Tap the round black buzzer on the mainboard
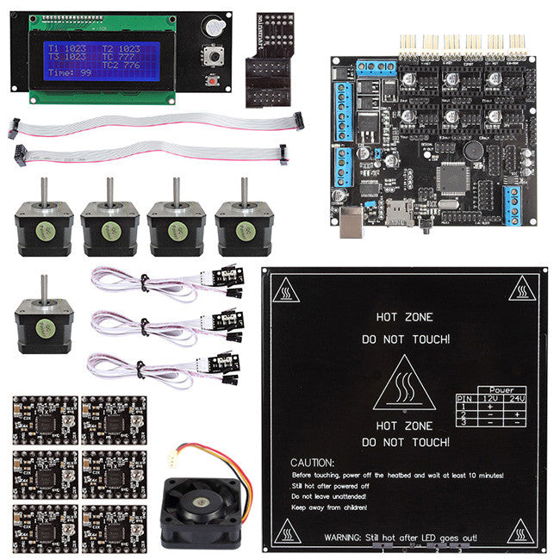[x=473, y=147]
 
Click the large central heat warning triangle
[x=403, y=387]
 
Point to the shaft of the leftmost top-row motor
[x=43, y=191]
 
